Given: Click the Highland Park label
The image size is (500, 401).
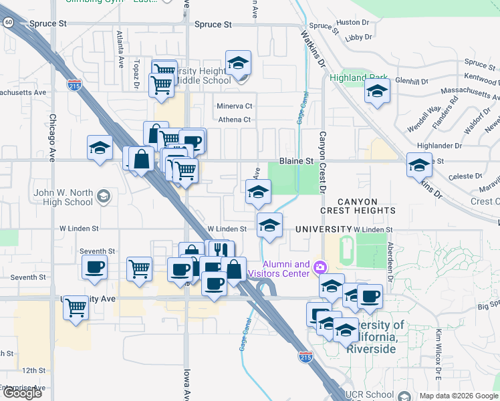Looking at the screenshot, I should tap(358, 78).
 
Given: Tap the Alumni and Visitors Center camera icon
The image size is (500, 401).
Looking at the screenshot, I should tap(320, 268).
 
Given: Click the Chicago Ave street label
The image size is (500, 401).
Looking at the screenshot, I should tap(51, 138).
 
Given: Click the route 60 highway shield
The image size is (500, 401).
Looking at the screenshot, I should tap(9, 22).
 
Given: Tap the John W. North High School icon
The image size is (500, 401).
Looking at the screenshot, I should tap(103, 196).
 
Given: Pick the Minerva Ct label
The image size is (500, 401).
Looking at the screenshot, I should tap(234, 106).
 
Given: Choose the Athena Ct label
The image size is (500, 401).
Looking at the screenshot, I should tap(234, 120).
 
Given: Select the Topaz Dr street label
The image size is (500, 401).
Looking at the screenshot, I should tap(136, 67).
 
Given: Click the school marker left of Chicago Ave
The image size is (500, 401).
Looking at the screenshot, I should tap(100, 148).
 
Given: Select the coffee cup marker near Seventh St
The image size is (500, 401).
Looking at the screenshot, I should tap(94, 268).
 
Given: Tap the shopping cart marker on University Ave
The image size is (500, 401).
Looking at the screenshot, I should tap(76, 308).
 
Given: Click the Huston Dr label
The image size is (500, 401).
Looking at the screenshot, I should tap(348, 22).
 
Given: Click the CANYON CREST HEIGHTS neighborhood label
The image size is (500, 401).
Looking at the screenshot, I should tap(358, 206).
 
